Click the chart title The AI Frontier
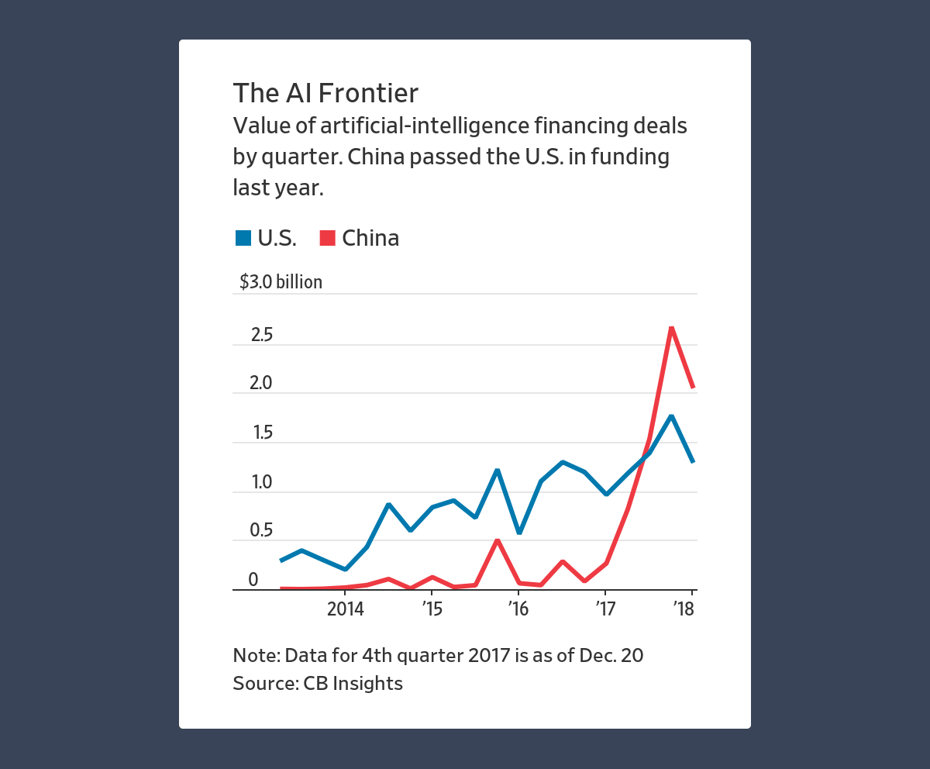(325, 93)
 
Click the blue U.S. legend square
(243, 238)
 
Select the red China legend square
(327, 238)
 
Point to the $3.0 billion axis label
(281, 282)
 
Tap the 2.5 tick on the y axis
(261, 335)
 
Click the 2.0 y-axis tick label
(261, 384)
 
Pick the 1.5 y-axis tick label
(261, 433)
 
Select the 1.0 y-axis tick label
(261, 482)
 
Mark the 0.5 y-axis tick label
(261, 531)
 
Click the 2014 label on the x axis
(346, 609)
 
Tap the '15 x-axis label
(432, 609)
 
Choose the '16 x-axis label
(518, 609)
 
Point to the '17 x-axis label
(604, 609)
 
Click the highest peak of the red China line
(671, 328)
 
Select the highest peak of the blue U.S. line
(671, 416)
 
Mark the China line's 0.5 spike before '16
(497, 540)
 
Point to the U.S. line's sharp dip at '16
(518, 533)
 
